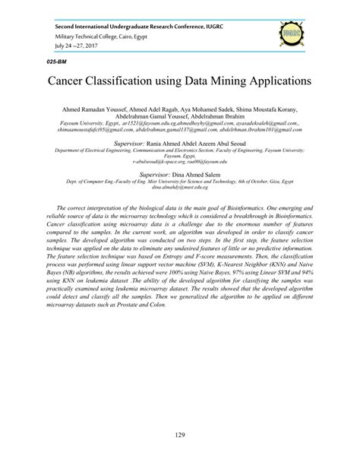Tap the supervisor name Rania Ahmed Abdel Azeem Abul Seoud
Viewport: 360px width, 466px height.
pos(197,142)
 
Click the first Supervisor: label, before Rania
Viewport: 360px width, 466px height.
pos(134,142)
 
